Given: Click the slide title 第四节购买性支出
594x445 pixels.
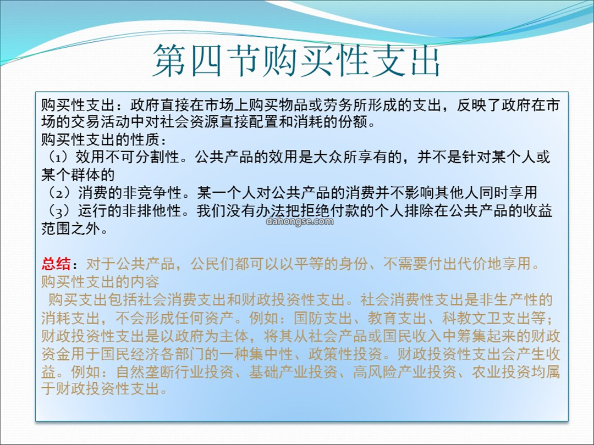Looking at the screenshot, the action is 296,60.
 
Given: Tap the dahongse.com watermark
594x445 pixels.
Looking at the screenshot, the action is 300,221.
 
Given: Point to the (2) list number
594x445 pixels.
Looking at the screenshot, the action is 59,193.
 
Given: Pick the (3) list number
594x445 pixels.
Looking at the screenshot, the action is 59,211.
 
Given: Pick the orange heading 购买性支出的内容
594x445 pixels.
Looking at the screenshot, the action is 100,282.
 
